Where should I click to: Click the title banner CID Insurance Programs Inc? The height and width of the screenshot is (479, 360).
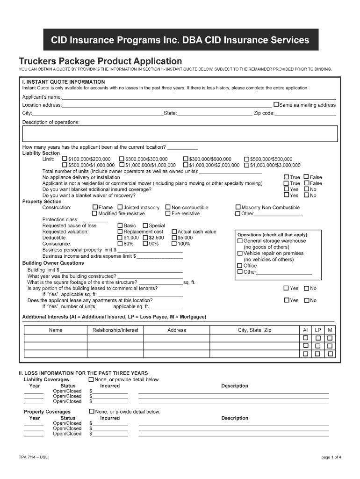(x=180, y=40)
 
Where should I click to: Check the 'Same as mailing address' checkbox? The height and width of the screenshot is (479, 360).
(x=276, y=105)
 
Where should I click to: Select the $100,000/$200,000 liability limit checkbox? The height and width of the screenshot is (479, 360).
(x=65, y=159)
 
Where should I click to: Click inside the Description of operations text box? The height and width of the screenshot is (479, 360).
(x=180, y=133)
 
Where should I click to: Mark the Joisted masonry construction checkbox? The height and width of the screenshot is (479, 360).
(x=120, y=207)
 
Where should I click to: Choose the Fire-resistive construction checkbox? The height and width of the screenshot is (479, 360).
(x=168, y=213)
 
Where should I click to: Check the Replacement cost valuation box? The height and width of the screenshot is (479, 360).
(x=120, y=232)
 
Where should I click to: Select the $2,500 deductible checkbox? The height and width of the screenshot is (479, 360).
(x=145, y=238)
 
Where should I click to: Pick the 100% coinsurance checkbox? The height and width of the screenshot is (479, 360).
(x=174, y=244)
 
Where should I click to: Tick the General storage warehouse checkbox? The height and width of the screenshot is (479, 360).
(x=240, y=241)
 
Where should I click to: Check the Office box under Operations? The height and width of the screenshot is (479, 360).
(x=240, y=266)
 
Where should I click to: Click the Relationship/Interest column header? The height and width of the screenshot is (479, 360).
(x=115, y=330)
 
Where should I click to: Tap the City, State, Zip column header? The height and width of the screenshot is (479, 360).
(x=254, y=330)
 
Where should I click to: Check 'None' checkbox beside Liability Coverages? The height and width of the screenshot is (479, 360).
(x=91, y=379)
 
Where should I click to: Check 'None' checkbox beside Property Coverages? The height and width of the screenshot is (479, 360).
(x=91, y=412)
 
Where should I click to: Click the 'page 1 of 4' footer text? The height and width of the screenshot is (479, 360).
(x=331, y=457)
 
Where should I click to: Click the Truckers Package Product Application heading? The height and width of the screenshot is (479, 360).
(x=100, y=61)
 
